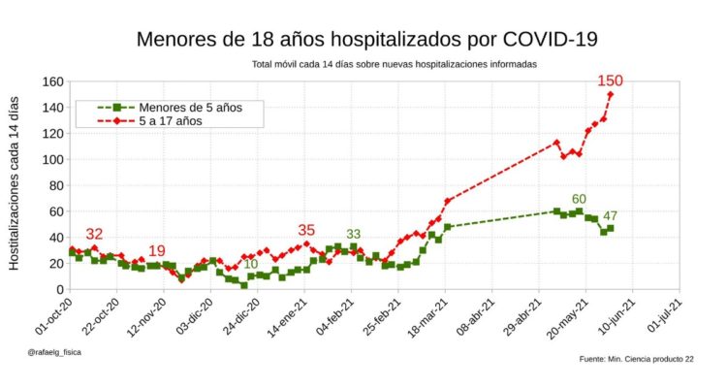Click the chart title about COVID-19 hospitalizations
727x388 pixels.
[366, 40]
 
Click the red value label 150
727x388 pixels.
[610, 81]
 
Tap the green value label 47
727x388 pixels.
[611, 215]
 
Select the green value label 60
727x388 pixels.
[579, 200]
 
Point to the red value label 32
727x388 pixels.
[94, 235]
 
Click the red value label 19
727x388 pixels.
[157, 250]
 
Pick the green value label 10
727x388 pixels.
[250, 264]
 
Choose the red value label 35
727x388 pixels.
[306, 230]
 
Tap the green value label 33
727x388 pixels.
[354, 234]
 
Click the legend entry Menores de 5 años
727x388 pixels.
[190, 107]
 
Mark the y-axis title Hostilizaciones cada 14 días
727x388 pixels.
[16, 184]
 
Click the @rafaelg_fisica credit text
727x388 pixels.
[54, 352]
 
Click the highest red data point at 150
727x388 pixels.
[611, 94]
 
